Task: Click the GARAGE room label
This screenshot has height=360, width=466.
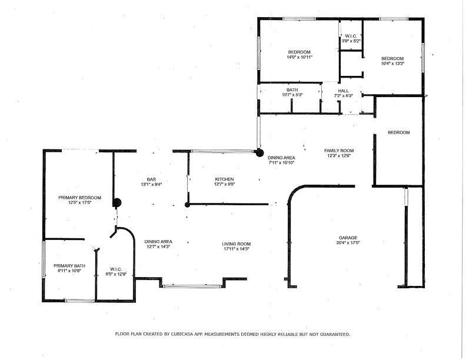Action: [348, 238]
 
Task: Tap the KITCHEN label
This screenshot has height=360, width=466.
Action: [224, 179]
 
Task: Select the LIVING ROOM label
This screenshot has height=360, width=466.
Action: [237, 244]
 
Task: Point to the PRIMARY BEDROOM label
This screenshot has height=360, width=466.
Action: [80, 198]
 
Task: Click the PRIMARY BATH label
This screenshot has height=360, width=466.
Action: [69, 266]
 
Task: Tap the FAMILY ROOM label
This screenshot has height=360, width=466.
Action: [339, 151]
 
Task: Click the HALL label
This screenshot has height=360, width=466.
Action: [344, 91]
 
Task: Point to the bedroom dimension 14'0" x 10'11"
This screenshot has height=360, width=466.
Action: [299, 58]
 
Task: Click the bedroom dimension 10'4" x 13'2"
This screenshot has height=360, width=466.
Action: [392, 64]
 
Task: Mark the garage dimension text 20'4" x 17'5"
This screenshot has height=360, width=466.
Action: [348, 242]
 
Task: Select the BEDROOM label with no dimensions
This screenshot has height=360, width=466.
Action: [398, 132]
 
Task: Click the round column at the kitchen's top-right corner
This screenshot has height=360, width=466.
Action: [258, 152]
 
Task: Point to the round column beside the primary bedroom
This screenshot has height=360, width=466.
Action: [116, 203]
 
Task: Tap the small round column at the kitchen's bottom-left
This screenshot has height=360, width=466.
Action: [187, 205]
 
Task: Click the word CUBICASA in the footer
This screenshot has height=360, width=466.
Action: [185, 334]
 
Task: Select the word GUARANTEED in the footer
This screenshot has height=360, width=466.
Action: [333, 334]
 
